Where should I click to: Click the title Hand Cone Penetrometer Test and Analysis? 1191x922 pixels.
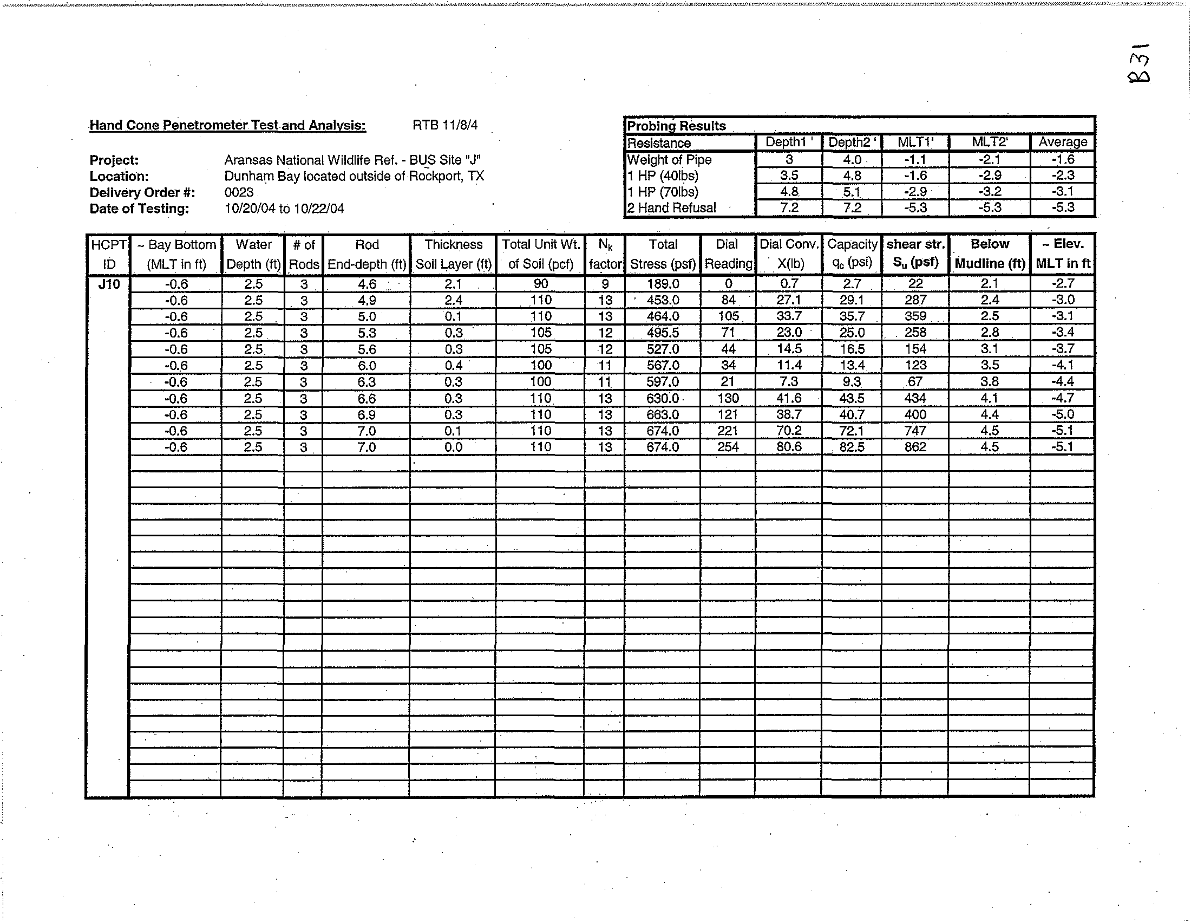pyautogui.click(x=227, y=126)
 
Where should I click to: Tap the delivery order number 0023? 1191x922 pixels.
pyautogui.click(x=239, y=193)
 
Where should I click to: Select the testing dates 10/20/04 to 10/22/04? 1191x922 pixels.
pyautogui.click(x=284, y=209)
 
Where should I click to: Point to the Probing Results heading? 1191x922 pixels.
pyautogui.click(x=676, y=126)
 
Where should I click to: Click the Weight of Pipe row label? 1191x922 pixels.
pyautogui.click(x=669, y=160)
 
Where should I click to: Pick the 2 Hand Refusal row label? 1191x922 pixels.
pyautogui.click(x=671, y=208)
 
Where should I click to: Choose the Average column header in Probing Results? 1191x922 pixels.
pyautogui.click(x=1062, y=142)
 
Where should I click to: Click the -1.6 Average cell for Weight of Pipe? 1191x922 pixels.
pyautogui.click(x=1062, y=160)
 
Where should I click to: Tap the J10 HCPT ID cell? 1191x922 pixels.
pyautogui.click(x=108, y=284)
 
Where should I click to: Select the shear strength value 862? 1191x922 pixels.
pyautogui.click(x=915, y=447)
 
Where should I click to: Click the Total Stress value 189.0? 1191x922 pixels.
pyautogui.click(x=663, y=284)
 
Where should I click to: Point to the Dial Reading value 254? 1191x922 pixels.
pyautogui.click(x=728, y=447)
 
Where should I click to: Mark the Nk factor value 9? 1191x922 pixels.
pyautogui.click(x=605, y=284)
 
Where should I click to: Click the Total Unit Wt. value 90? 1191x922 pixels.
pyautogui.click(x=540, y=284)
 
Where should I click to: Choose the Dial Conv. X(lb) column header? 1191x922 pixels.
pyautogui.click(x=789, y=254)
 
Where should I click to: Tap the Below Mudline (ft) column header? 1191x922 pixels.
pyautogui.click(x=989, y=254)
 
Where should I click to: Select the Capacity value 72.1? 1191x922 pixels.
pyautogui.click(x=852, y=431)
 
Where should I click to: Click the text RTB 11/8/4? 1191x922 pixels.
pyautogui.click(x=445, y=126)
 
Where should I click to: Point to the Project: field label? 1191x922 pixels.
pyautogui.click(x=114, y=160)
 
